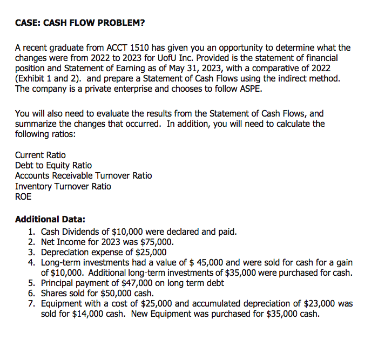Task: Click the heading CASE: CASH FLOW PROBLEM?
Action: [80, 23]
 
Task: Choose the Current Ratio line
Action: [40, 155]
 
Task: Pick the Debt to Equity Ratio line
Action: [53, 165]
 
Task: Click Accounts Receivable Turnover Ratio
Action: [83, 175]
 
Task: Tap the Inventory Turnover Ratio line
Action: [63, 186]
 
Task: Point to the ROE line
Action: [23, 196]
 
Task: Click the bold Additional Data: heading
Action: [50, 220]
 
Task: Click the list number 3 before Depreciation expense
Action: [31, 252]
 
